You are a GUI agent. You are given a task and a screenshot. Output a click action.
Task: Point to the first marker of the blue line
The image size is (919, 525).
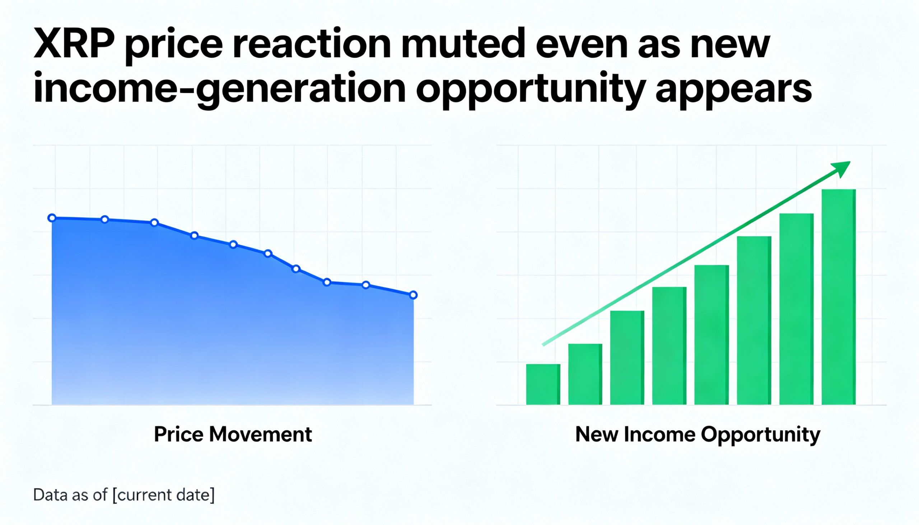point(52,218)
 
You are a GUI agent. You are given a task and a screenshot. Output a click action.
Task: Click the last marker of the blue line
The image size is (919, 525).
point(413,295)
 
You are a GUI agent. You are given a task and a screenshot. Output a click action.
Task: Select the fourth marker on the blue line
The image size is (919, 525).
point(195,236)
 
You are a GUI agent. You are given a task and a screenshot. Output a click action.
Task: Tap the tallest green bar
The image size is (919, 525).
point(839,297)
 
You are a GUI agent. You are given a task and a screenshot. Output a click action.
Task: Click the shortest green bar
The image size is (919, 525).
point(543,384)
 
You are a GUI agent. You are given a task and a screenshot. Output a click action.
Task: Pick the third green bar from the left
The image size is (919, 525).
point(627,358)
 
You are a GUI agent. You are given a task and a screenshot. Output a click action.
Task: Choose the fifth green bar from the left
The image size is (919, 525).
point(712,335)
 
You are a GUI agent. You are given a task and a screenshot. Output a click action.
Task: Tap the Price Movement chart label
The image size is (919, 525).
point(233,435)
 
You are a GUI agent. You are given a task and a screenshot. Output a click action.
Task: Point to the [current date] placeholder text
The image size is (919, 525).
point(163,495)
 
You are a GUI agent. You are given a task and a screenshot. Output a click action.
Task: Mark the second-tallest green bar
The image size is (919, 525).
point(796,309)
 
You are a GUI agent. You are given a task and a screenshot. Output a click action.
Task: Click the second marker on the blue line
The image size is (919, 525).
point(104,219)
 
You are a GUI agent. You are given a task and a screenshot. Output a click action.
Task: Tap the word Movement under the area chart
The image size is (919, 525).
point(260,435)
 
